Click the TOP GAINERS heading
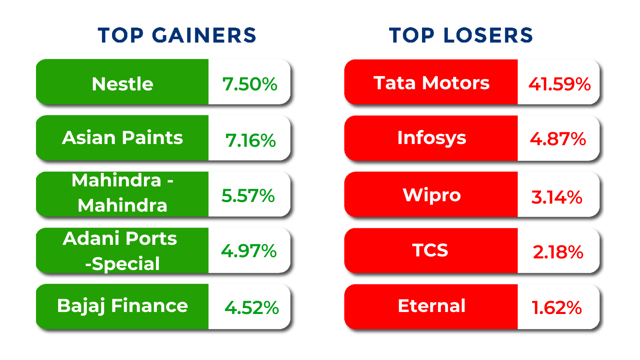coord(177,36)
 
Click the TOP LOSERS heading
coord(461,36)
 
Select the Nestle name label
coord(122,84)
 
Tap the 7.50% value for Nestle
coord(250,84)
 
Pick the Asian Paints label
coord(122,138)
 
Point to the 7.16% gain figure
coord(250,140)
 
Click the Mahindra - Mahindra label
coord(122,193)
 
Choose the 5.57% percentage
coord(248,196)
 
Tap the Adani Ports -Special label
coord(120,251)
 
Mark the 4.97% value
coord(249,251)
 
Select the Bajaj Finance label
coord(122,306)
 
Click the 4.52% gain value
coord(252,308)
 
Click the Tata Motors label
coord(432,83)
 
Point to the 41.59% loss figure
coord(560,84)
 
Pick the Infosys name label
coord(432,138)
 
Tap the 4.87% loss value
coord(558,139)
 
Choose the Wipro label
coord(432,196)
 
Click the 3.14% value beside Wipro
coord(556,198)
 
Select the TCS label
coord(430,250)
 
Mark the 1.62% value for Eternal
coord(556,308)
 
